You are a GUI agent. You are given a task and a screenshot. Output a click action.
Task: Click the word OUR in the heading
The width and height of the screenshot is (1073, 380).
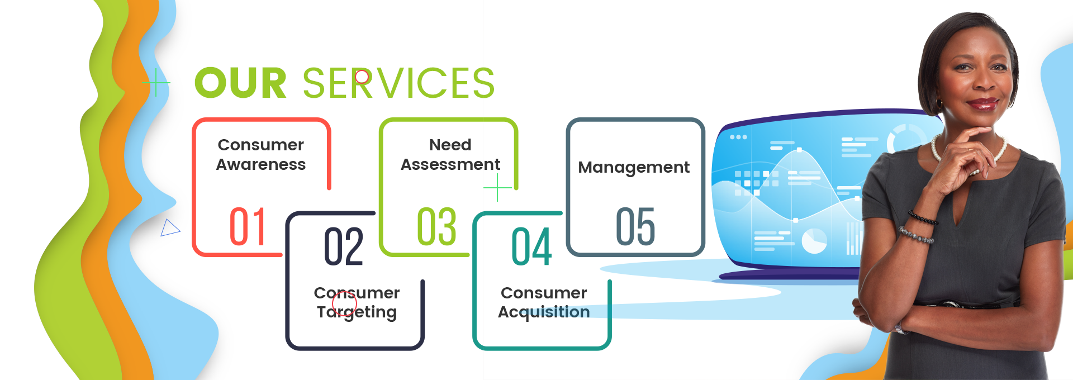(x=240, y=83)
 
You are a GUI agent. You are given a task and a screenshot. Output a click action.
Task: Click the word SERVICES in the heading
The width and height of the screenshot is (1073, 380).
(x=398, y=83)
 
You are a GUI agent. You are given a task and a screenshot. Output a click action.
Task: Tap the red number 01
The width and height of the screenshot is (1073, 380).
(x=248, y=226)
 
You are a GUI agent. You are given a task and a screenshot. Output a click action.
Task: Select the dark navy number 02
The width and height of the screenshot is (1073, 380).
(x=344, y=246)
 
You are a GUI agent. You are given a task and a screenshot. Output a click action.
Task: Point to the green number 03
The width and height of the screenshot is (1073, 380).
(x=436, y=226)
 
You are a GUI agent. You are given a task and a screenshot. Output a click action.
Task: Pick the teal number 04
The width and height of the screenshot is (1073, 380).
(x=531, y=246)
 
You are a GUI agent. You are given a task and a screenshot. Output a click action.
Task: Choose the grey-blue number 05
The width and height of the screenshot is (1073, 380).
(x=635, y=226)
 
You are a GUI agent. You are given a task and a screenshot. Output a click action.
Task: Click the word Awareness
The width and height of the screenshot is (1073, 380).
(x=260, y=164)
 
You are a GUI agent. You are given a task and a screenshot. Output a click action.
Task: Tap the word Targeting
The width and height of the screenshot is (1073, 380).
(x=357, y=312)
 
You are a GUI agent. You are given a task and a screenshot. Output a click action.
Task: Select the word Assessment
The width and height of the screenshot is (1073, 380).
(x=450, y=164)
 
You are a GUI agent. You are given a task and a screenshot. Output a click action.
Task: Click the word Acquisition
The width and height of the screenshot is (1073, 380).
(x=544, y=312)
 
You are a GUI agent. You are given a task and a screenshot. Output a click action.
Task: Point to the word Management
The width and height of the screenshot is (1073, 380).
(x=634, y=167)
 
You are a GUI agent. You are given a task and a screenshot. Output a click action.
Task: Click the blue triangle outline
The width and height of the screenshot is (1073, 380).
(x=169, y=228)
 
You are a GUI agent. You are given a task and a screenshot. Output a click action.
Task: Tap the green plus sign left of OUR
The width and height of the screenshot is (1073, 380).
(x=156, y=83)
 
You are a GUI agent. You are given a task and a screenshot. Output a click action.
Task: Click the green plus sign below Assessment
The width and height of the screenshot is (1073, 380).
(x=497, y=187)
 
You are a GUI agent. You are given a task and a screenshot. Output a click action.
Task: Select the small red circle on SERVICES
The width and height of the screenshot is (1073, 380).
(x=362, y=77)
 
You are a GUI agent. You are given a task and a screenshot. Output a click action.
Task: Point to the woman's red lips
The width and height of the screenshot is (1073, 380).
(x=982, y=103)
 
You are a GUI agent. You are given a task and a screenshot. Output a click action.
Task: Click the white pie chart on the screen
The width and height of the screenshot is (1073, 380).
(x=814, y=241)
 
